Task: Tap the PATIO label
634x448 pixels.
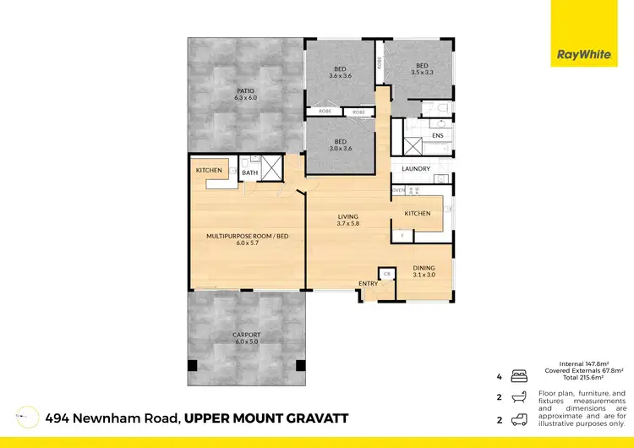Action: click(x=245, y=90)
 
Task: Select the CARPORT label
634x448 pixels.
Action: click(x=246, y=335)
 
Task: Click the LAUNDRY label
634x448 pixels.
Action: click(x=417, y=168)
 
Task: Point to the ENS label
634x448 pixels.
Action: click(x=438, y=135)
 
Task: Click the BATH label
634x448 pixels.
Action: click(x=249, y=173)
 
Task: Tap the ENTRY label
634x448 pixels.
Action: click(x=369, y=283)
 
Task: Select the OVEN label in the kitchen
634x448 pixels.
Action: click(x=397, y=190)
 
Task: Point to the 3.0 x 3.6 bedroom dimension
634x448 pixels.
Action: click(x=340, y=149)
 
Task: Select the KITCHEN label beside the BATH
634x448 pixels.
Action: click(x=209, y=170)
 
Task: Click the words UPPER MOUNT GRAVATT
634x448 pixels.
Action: click(x=266, y=418)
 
